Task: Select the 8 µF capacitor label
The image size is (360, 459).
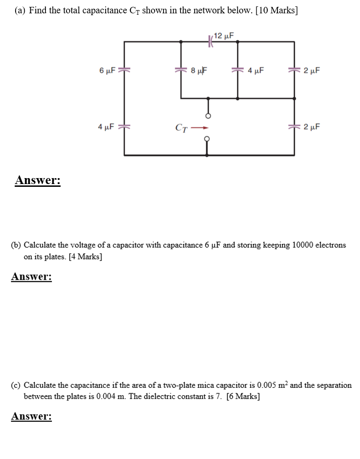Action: pos(198,71)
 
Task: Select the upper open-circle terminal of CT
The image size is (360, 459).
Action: pos(208,116)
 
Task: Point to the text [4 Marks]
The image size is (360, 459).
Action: pos(85,257)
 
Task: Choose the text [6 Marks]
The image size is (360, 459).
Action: pos(243,397)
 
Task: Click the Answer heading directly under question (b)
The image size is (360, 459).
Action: pos(31,277)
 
